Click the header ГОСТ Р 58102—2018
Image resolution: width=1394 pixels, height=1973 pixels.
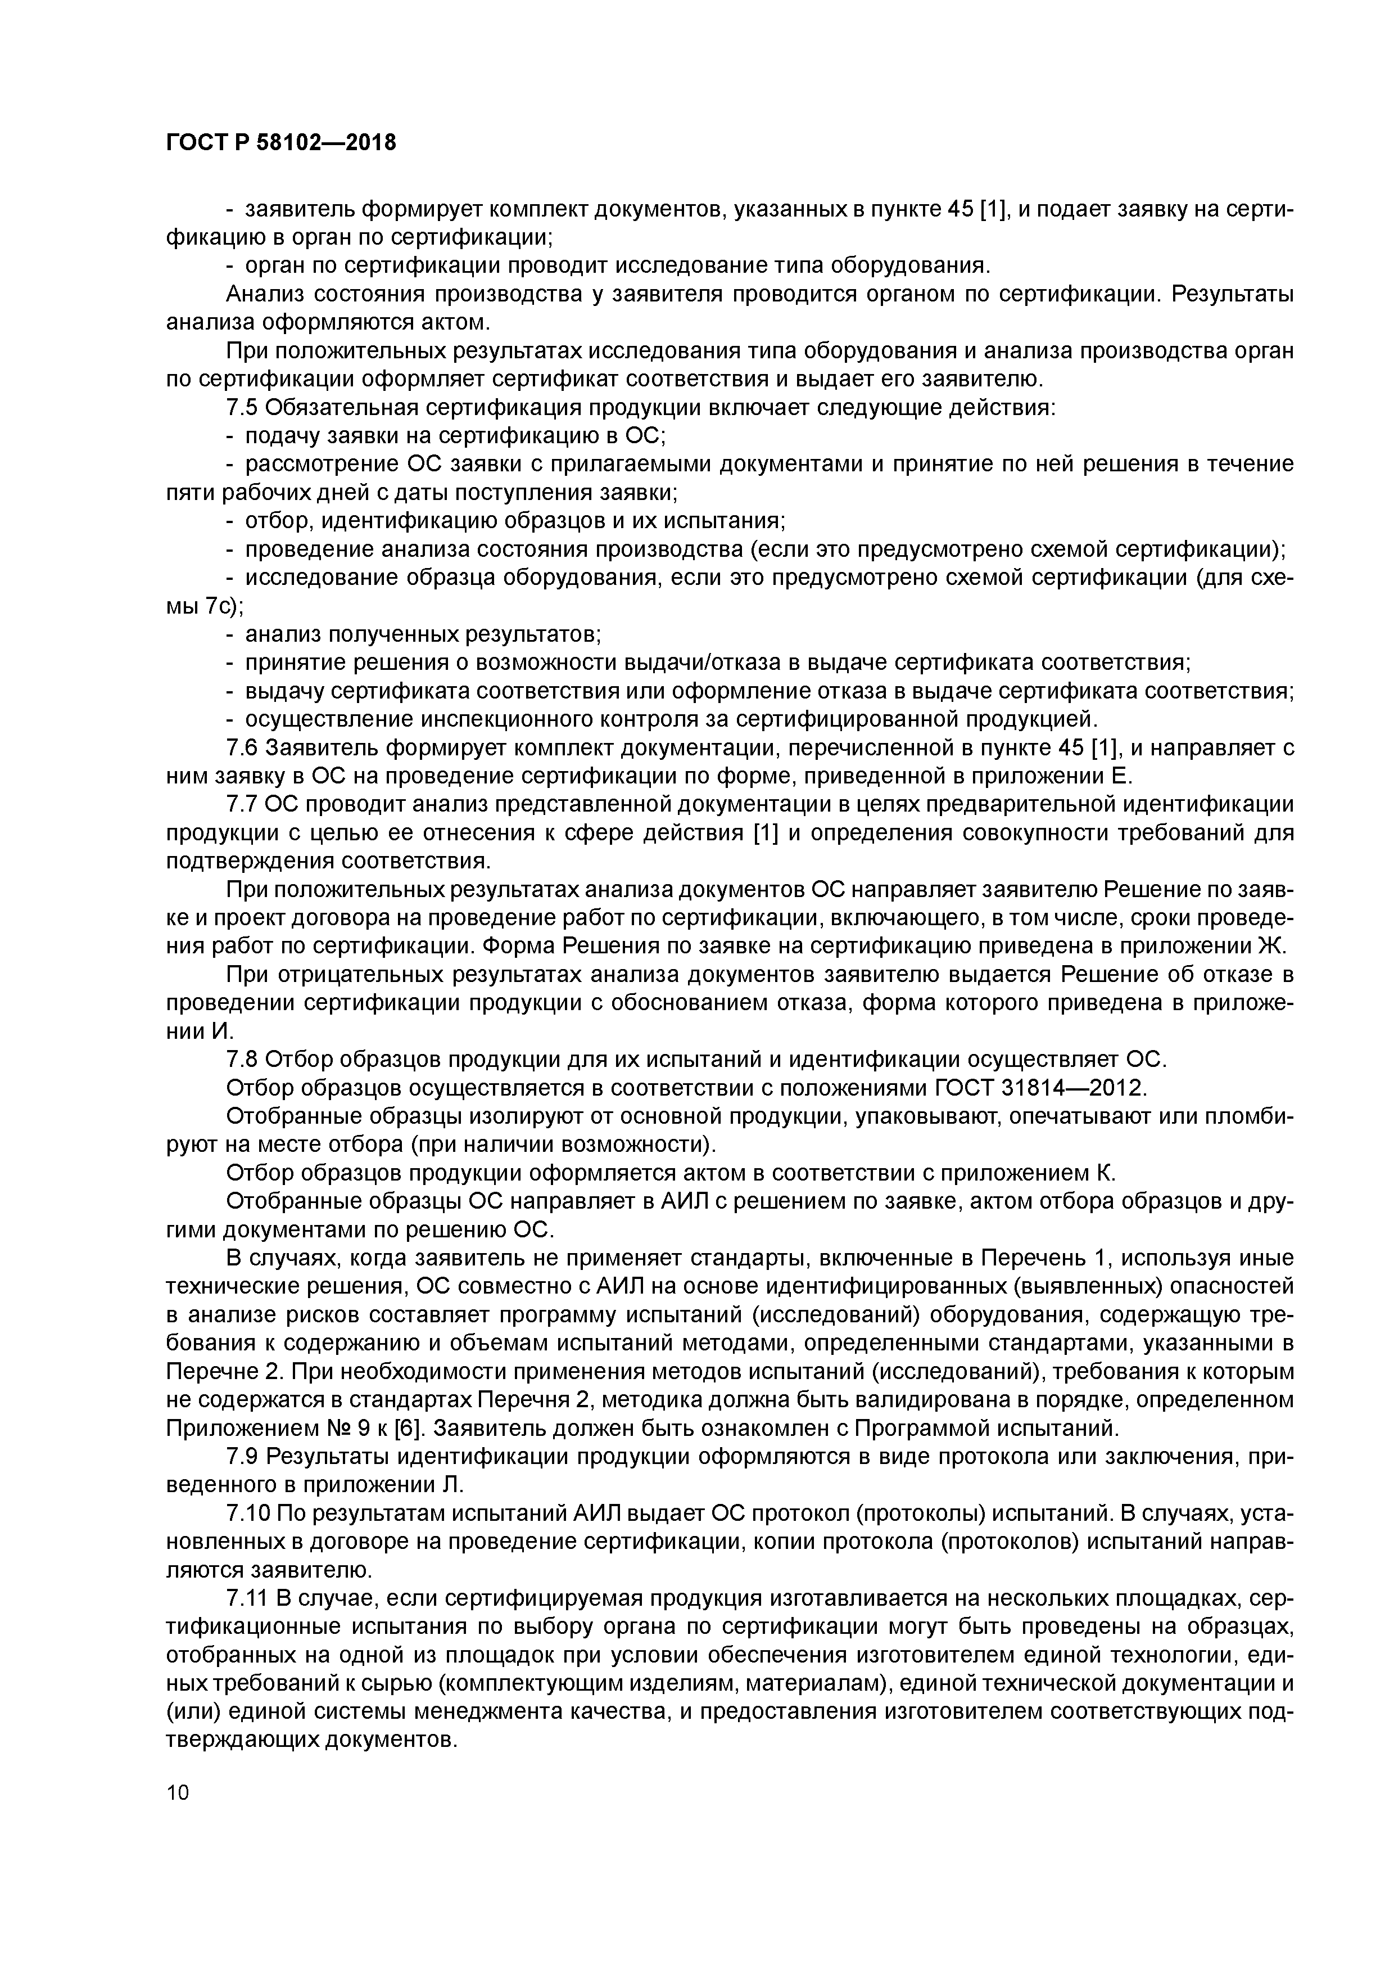[281, 143]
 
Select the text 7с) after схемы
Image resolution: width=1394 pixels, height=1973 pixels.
[223, 606]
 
